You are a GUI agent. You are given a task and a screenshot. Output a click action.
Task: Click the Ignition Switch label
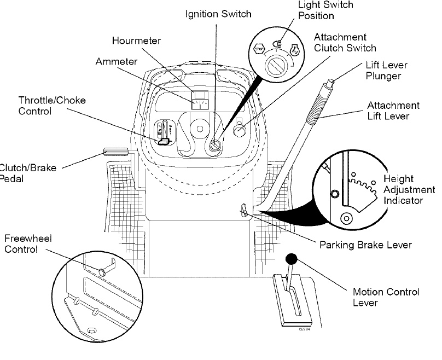pyautogui.click(x=217, y=13)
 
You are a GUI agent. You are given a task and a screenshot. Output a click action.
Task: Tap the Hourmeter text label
pyautogui.click(x=137, y=41)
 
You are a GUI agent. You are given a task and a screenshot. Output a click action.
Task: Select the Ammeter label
pyautogui.click(x=117, y=61)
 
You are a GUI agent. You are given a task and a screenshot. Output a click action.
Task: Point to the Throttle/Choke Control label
pyautogui.click(x=52, y=106)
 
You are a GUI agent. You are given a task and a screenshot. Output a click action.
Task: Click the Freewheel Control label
pyautogui.click(x=21, y=244)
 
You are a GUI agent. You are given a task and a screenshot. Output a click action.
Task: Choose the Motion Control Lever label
pyautogui.click(x=386, y=297)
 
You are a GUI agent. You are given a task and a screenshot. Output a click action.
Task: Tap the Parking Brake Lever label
pyautogui.click(x=365, y=245)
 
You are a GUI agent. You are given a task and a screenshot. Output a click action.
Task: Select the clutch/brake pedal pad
pyautogui.click(x=114, y=152)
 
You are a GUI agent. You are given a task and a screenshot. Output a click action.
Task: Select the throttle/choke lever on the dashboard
pyautogui.click(x=163, y=141)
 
